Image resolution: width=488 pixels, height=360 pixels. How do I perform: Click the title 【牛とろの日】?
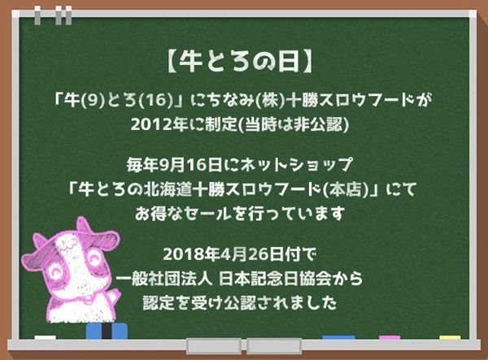[244, 60]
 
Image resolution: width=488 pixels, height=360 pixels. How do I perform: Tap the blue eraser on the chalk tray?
[107, 331]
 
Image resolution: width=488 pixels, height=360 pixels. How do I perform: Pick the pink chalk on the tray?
[389, 337]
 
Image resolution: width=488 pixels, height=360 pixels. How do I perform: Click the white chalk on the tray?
[46, 337]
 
